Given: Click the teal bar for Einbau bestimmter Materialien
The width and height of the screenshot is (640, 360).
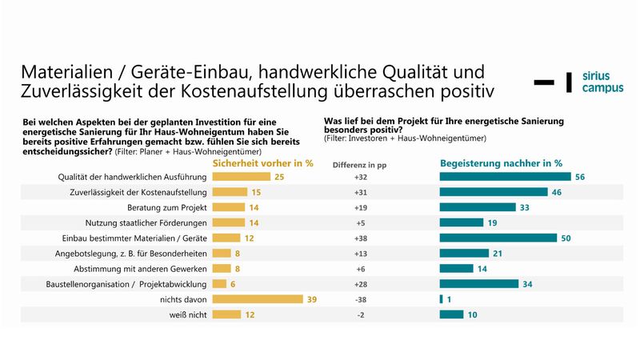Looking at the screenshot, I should coord(498,238).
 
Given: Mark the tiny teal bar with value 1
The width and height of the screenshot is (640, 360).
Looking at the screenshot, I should coord(442,299).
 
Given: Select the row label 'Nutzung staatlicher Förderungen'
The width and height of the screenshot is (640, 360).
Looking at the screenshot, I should coord(147,222).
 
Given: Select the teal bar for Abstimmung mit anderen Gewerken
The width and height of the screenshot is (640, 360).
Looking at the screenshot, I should coord(452,269).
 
